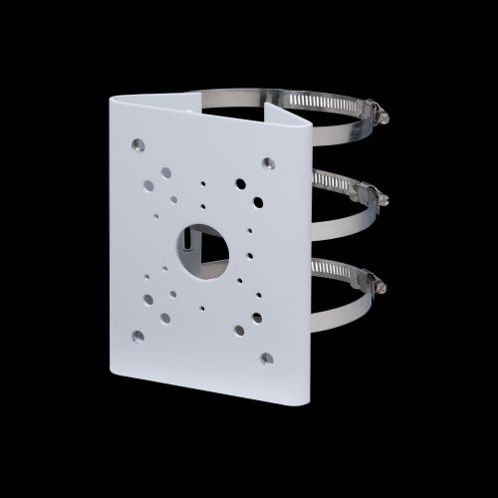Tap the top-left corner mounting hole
click(137, 146)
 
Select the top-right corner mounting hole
click(267, 162)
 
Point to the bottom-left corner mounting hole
click(137, 336)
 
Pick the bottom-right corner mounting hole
click(266, 358)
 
